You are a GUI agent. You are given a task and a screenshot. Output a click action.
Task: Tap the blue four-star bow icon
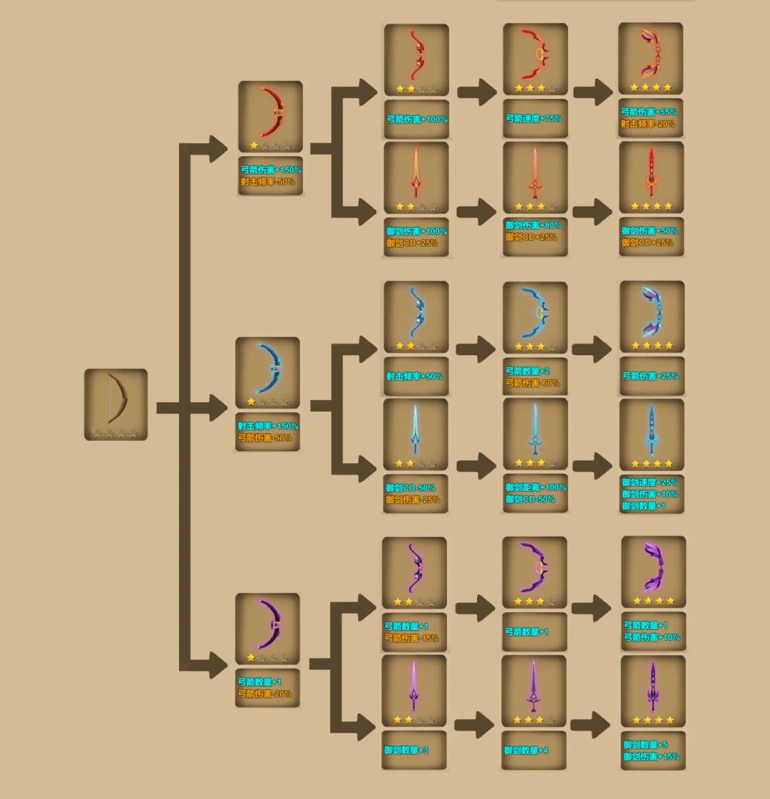coord(652,316)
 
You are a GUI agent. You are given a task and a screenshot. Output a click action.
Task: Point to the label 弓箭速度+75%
coord(534,119)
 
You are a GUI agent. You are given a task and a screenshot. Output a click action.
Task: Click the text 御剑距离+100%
coord(535,487)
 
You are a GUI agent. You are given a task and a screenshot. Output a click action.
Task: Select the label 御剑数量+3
coord(406,750)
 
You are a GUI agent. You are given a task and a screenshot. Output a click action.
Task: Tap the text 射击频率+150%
coord(268,426)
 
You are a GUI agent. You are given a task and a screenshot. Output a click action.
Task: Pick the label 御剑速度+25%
coord(650,482)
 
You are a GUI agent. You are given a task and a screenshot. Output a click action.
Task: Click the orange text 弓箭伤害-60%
coord(533,383)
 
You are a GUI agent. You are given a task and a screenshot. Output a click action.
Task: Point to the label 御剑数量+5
coord(645,745)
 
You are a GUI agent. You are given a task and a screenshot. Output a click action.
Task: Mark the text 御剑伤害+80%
coord(533,225)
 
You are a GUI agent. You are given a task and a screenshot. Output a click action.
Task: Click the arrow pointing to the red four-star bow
coord(593,92)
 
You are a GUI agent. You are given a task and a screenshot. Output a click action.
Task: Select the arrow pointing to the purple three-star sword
coord(474,725)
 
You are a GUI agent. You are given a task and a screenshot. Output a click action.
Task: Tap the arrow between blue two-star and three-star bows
coord(476,349)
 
